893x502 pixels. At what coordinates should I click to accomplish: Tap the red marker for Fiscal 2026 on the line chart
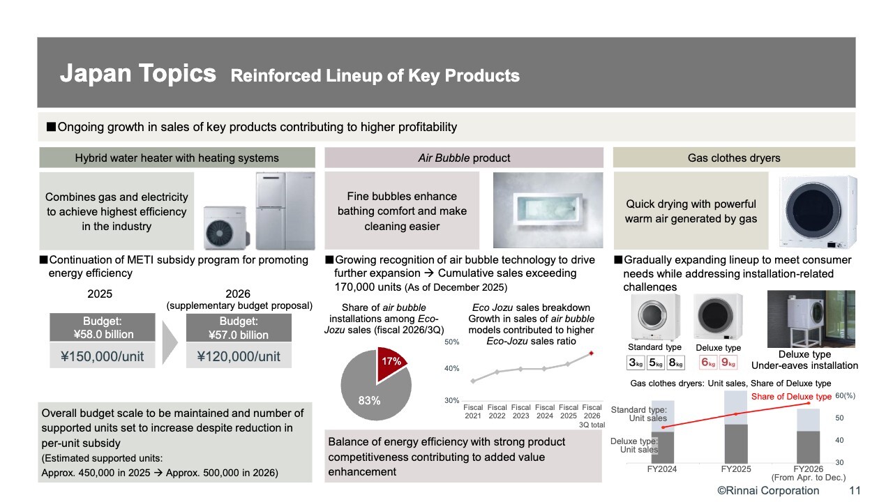pyautogui.click(x=592, y=353)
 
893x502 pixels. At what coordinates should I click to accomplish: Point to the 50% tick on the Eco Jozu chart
pyautogui.click(x=451, y=342)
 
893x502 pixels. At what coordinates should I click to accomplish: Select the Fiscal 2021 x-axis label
pyautogui.click(x=473, y=411)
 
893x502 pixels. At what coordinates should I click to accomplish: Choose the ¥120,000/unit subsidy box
pyautogui.click(x=239, y=356)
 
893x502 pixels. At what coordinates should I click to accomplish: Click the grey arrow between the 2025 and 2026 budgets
pyautogui.click(x=170, y=342)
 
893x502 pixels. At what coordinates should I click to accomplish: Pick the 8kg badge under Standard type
pyautogui.click(x=675, y=363)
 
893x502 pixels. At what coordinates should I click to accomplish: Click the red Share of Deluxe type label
pyautogui.click(x=791, y=397)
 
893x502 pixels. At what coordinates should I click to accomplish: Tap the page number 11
pyautogui.click(x=855, y=491)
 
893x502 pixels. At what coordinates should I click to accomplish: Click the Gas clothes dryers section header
pyautogui.click(x=733, y=158)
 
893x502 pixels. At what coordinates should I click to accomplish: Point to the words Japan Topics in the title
pyautogui.click(x=137, y=74)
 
